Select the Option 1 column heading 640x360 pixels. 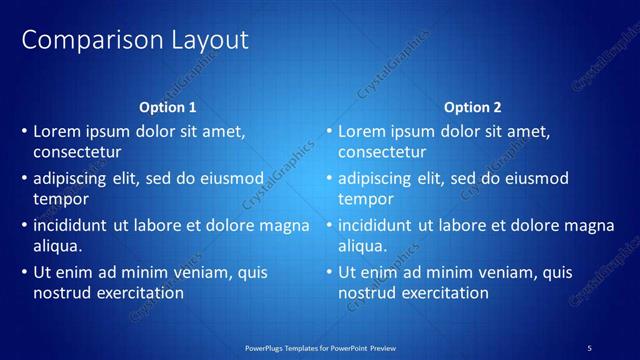pos(168,107)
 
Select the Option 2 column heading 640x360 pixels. pos(472,107)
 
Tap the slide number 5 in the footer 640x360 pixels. pos(590,347)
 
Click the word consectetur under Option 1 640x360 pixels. pos(77,153)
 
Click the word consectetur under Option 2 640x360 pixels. pos(382,153)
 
